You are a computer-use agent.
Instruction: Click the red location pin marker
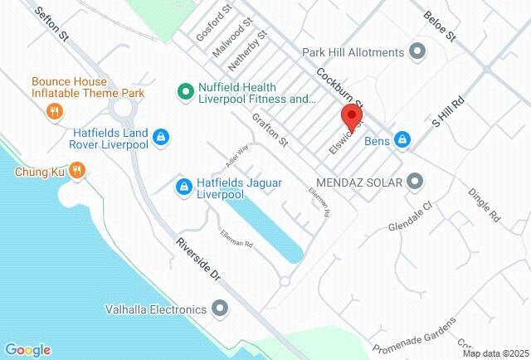(352, 118)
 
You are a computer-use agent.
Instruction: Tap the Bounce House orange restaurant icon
(55, 110)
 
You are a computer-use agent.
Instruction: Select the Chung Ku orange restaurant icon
(76, 172)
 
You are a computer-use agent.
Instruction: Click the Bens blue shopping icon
(402, 139)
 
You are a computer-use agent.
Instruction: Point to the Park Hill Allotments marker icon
(417, 52)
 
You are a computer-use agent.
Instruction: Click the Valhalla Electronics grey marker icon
(220, 310)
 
